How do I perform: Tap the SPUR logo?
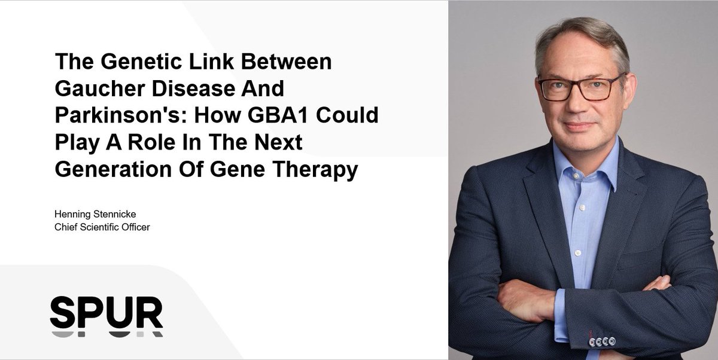[106, 315]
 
